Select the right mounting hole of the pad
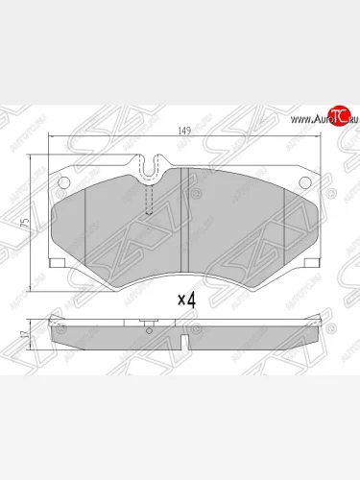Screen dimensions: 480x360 [304, 183]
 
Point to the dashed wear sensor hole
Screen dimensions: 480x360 [149, 201]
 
